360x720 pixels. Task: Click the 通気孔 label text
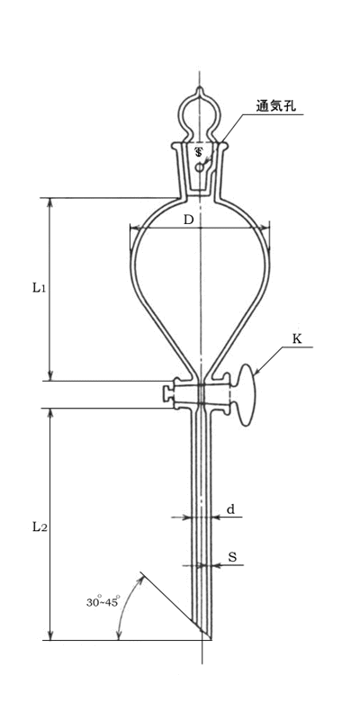coord(276,106)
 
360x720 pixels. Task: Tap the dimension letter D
coord(189,220)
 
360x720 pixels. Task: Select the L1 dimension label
coord(39,288)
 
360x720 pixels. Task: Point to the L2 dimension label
coord(39,527)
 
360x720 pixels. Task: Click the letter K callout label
coord(297,339)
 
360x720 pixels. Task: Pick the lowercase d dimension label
coord(231,508)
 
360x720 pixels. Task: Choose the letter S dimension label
coord(232,557)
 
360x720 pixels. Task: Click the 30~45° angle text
coord(103,601)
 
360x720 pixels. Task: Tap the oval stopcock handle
coord(247,395)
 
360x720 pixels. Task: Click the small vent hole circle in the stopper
coord(199,168)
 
